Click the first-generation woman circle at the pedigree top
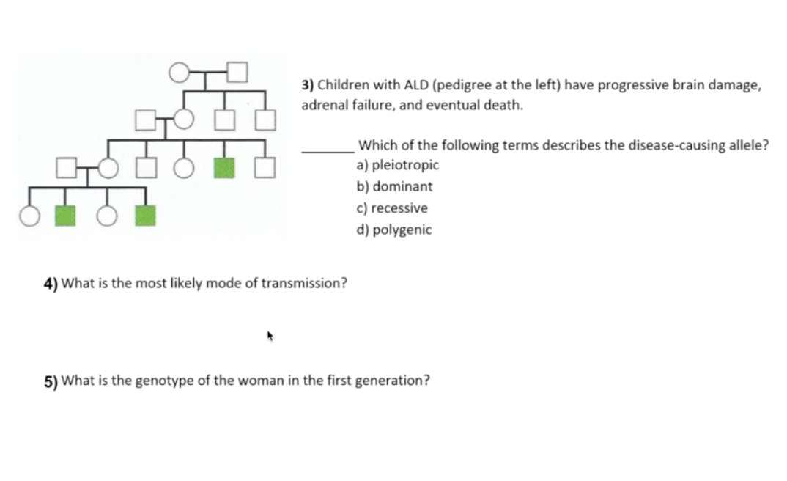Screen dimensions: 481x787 point(179,72)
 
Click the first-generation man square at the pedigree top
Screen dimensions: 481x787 point(237,72)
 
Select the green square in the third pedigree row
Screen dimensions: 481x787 point(224,168)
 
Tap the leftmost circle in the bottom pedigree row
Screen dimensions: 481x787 point(30,216)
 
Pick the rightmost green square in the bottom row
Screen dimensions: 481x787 point(145,216)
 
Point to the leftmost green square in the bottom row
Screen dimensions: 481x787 point(66,216)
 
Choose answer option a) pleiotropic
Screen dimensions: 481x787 point(398,165)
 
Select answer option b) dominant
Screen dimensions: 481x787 point(394,186)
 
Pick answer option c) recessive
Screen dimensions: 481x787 point(392,208)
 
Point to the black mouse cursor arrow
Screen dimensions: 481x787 point(270,337)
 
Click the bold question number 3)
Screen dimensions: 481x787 point(308,84)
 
